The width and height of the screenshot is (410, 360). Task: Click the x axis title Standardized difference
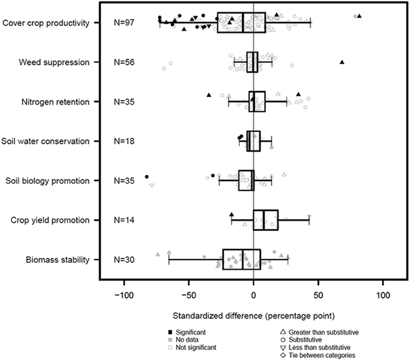[x=253, y=316]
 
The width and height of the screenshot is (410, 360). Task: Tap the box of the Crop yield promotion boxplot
[x=266, y=220]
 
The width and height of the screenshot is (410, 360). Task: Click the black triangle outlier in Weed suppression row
[x=342, y=62]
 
